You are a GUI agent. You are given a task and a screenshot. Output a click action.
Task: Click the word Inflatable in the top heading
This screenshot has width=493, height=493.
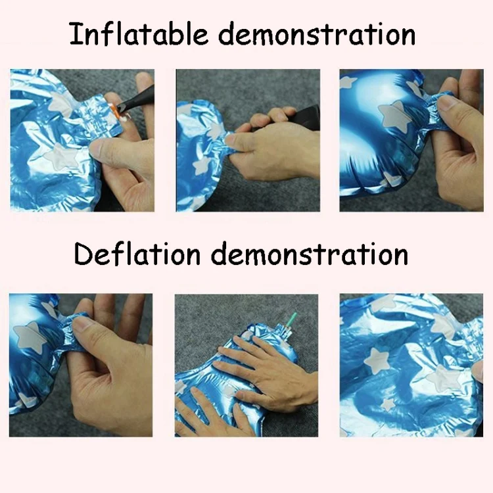coord(139,34)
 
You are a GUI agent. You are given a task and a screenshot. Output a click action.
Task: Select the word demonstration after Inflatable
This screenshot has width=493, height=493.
coord(317,34)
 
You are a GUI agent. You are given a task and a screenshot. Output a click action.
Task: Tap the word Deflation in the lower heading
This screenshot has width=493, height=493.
coord(137,254)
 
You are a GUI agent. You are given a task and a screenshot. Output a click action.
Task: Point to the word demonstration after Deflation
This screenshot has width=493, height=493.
coord(310,254)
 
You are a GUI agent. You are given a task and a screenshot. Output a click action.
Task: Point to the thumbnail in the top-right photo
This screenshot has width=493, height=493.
coord(449,104)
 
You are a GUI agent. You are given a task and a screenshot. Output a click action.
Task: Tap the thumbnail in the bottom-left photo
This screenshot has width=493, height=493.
coord(81,324)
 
